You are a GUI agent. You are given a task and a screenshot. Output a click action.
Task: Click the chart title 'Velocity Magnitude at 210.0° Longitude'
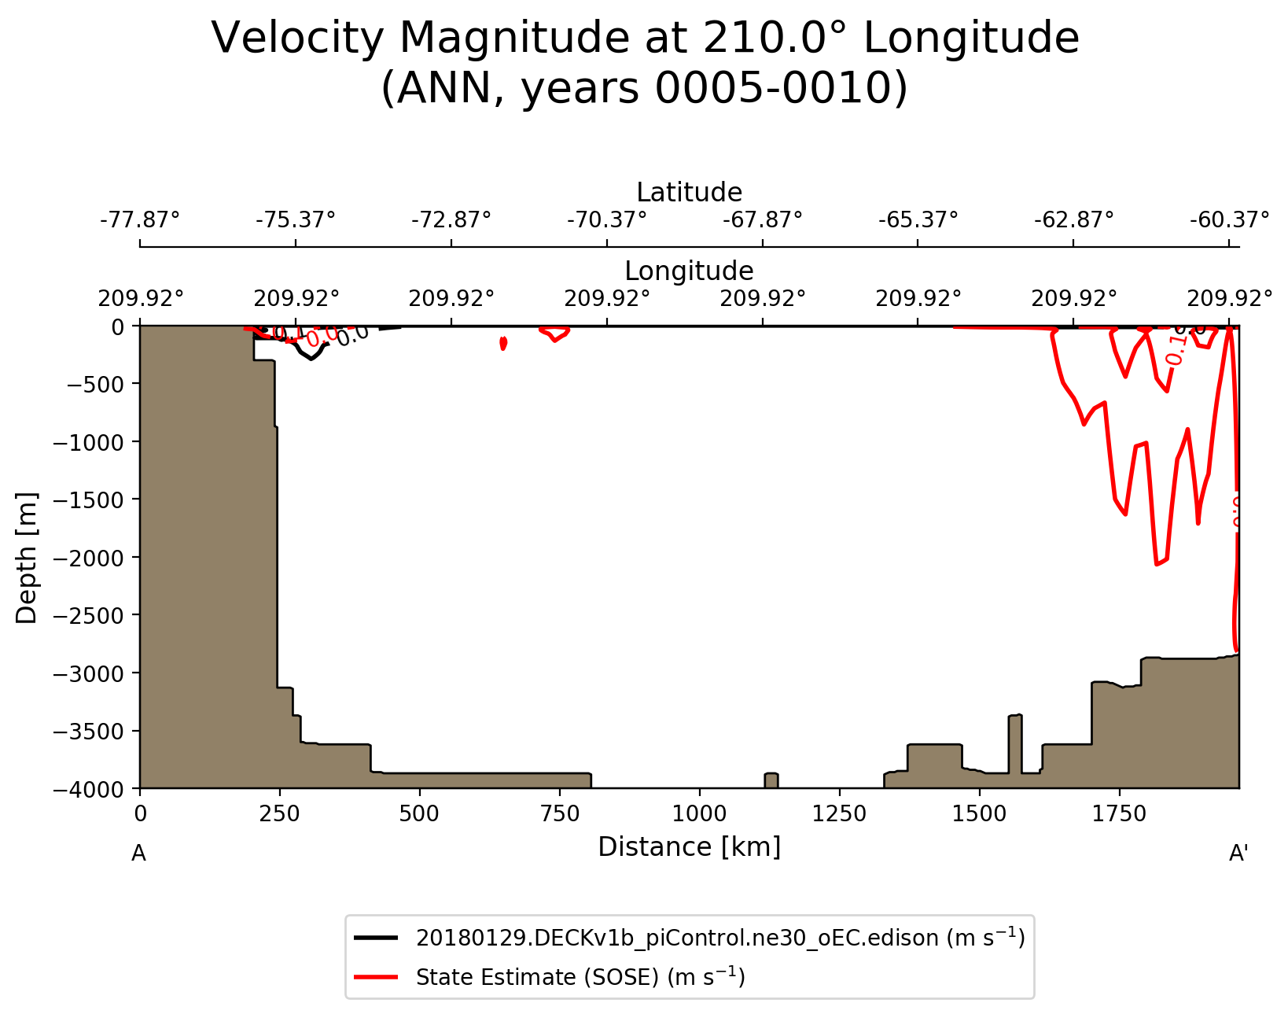click(x=645, y=38)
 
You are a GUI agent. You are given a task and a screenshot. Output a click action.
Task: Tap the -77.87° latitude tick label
click(x=140, y=219)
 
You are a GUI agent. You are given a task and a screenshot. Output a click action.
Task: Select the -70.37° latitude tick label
click(x=607, y=219)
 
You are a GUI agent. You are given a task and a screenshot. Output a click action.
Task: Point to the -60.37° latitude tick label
click(x=1229, y=219)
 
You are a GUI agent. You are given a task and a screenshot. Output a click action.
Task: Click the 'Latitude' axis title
click(x=689, y=193)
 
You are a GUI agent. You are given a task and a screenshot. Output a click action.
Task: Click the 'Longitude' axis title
click(x=689, y=271)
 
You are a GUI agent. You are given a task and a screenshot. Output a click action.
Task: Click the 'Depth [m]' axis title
click(x=27, y=558)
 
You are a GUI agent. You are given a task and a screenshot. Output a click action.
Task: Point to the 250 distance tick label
click(x=279, y=813)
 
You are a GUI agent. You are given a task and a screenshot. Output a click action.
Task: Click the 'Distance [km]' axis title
click(x=689, y=847)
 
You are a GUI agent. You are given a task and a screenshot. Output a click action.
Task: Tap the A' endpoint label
click(x=1238, y=854)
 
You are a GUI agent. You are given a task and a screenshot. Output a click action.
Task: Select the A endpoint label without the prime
click(x=138, y=854)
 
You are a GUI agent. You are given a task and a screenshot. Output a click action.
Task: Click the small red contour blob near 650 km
click(x=503, y=343)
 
